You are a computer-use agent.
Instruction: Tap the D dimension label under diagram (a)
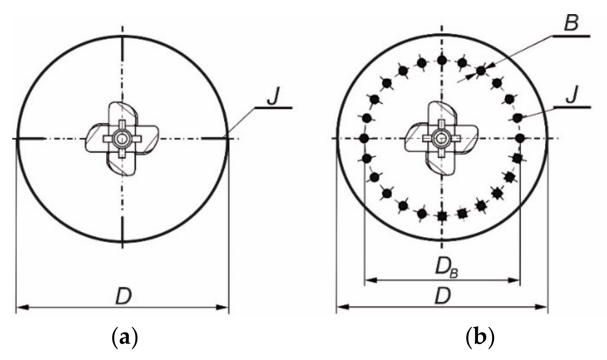click(124, 297)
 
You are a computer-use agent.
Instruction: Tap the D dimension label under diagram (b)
click(443, 296)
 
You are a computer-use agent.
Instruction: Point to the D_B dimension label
click(446, 268)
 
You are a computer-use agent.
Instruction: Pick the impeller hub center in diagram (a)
click(122, 139)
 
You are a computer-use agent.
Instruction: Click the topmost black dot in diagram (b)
click(442, 60)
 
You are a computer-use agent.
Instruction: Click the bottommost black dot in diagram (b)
click(442, 217)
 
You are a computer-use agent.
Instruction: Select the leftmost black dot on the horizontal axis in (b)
click(364, 138)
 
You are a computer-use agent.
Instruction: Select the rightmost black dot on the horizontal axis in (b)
click(520, 138)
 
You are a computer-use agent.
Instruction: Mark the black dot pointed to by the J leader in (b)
click(517, 118)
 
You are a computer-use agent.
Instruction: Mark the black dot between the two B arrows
click(481, 71)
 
